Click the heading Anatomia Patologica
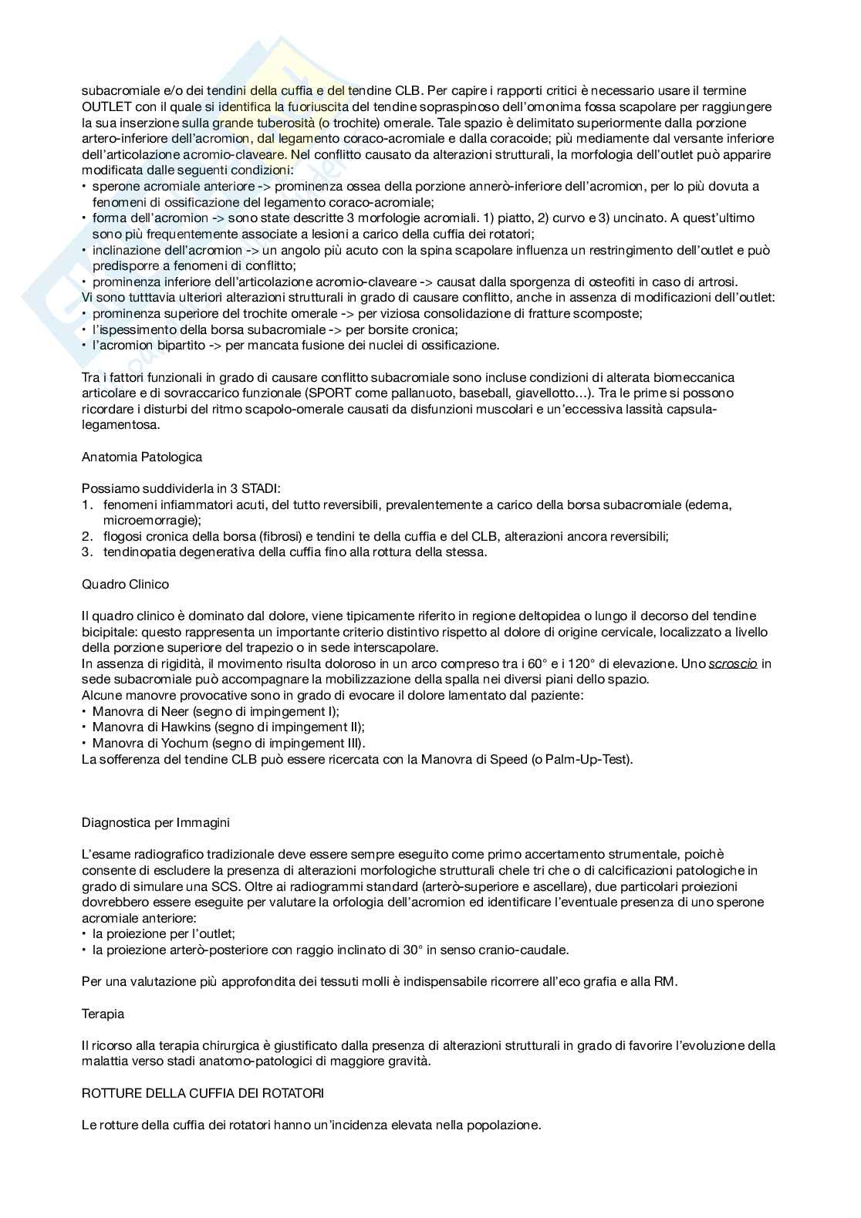point(142,457)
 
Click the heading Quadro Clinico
point(125,584)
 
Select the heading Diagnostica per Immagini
point(156,822)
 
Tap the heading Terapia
point(103,1014)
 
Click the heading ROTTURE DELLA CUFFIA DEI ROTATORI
point(203,1093)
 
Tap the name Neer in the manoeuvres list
point(175,711)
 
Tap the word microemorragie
point(148,521)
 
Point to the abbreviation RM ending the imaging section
point(666,982)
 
